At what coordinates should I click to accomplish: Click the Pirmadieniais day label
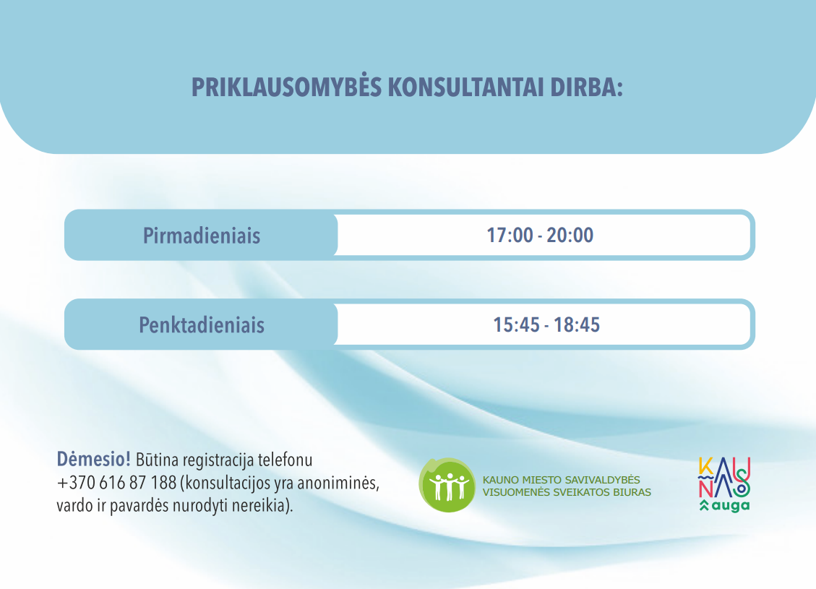click(202, 236)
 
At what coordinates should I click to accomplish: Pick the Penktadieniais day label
click(202, 325)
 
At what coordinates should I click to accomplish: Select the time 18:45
click(577, 324)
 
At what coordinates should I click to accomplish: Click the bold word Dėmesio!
click(94, 460)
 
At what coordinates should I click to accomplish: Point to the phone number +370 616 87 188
click(116, 483)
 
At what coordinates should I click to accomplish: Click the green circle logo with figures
click(447, 485)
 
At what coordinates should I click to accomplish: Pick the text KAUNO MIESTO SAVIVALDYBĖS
click(561, 480)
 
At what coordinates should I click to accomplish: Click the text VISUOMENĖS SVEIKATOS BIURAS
click(567, 492)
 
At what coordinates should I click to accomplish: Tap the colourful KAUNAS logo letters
click(724, 477)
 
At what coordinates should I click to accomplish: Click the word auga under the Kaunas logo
click(731, 506)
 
